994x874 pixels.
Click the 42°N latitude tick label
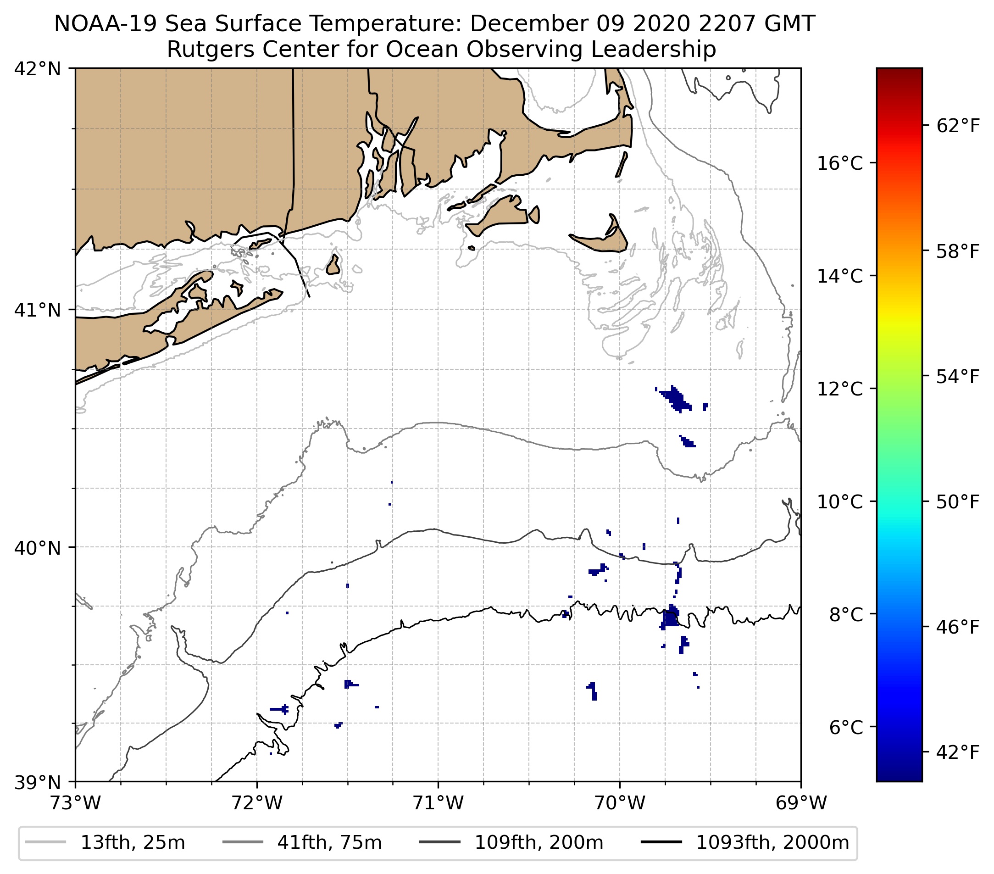click(x=38, y=69)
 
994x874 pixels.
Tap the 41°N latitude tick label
click(x=38, y=310)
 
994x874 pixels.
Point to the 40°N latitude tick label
click(x=38, y=548)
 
